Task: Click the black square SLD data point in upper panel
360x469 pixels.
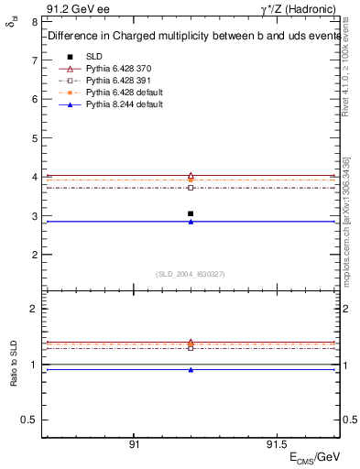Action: (191, 213)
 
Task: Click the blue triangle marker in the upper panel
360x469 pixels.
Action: (191, 222)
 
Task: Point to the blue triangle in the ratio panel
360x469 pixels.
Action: (191, 370)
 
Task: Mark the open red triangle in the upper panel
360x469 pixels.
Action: (191, 175)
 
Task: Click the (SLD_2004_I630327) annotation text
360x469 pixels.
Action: (191, 274)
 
